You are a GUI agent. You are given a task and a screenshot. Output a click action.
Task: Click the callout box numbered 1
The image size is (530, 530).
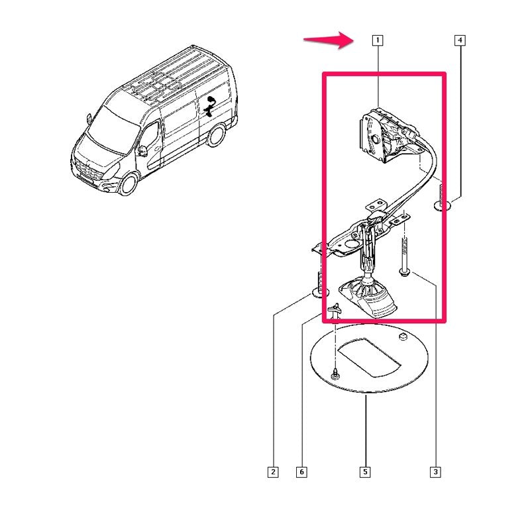(378, 40)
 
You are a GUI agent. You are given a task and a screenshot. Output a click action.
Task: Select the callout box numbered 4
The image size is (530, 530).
(460, 40)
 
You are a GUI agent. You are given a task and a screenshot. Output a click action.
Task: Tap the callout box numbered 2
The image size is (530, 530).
(273, 472)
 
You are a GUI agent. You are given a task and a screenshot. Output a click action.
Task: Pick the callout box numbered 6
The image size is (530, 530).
(301, 472)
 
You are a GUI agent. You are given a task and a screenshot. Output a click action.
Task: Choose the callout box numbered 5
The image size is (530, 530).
(365, 472)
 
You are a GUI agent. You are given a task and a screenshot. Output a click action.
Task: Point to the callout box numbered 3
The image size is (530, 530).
(435, 472)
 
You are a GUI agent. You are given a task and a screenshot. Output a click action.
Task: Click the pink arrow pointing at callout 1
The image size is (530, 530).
(329, 40)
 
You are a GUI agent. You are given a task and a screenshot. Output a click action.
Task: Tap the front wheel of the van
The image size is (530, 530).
(129, 184)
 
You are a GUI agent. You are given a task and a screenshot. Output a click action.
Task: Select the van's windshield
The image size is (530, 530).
(111, 128)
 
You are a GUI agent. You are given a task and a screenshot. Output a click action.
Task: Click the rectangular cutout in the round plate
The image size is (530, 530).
(370, 357)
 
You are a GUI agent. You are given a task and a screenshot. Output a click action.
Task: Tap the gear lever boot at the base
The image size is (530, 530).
(368, 297)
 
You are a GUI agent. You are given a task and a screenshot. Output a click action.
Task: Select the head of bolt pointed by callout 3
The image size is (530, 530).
(404, 272)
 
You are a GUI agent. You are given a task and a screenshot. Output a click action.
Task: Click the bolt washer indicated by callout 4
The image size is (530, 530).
(442, 205)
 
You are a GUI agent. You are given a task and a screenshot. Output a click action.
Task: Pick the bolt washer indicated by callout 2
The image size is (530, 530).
(319, 292)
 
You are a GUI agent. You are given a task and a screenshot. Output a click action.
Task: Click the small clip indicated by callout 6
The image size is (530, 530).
(335, 310)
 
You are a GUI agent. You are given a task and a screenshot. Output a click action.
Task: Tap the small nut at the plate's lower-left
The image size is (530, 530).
(335, 374)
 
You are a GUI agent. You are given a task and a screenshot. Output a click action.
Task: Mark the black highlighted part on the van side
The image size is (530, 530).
(209, 107)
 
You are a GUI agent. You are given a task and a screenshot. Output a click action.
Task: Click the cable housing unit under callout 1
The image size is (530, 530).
(386, 135)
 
